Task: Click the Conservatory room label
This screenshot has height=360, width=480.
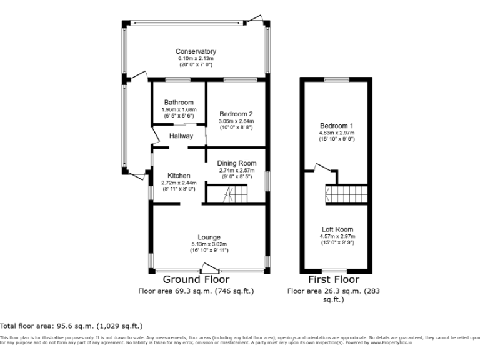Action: point(196,51)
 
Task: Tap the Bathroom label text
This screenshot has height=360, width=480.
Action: point(179,102)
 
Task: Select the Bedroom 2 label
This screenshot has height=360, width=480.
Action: point(236,113)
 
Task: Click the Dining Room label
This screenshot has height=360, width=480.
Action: point(237,163)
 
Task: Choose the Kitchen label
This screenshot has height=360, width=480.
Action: point(179,176)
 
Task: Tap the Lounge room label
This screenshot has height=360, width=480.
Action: point(209,237)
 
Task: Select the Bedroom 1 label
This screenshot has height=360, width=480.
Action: point(336,126)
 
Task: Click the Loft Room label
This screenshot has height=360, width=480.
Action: point(337,229)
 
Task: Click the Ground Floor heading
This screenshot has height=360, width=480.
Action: point(196,279)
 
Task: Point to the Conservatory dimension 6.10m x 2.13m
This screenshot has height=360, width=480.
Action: point(196,58)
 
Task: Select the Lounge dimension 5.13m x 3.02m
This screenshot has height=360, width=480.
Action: point(209,244)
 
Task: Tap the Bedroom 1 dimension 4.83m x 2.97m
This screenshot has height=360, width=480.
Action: point(336,132)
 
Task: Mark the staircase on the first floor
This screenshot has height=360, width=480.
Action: point(346,195)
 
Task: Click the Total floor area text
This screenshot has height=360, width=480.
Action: point(71,326)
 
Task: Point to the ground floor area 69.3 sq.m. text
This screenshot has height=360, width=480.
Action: point(196,291)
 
